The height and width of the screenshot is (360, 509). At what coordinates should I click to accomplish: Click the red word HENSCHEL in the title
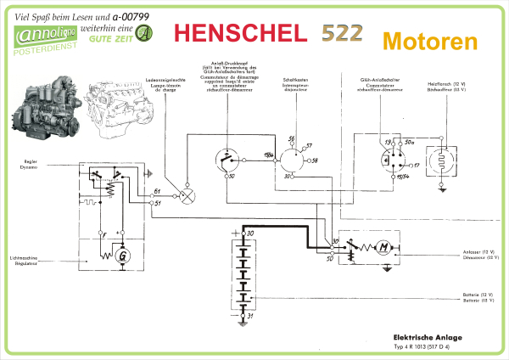tap(239, 32)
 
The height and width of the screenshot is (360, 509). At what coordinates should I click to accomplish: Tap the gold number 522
tap(342, 33)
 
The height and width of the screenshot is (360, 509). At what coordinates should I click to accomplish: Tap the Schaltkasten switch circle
tap(294, 160)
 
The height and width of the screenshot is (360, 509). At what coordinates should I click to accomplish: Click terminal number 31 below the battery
tap(250, 315)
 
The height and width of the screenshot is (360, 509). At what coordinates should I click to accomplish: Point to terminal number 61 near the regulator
tap(157, 193)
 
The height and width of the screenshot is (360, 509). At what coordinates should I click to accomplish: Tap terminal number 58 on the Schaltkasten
tap(314, 160)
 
